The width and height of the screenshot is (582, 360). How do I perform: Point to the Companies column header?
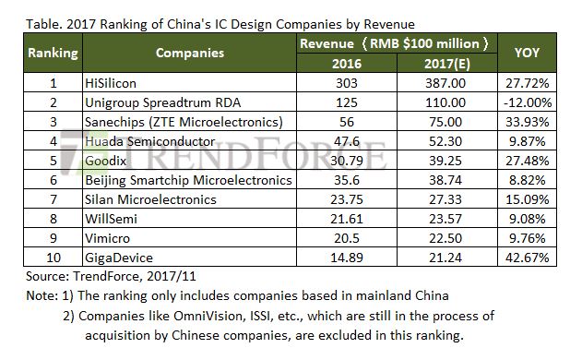click(x=189, y=53)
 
